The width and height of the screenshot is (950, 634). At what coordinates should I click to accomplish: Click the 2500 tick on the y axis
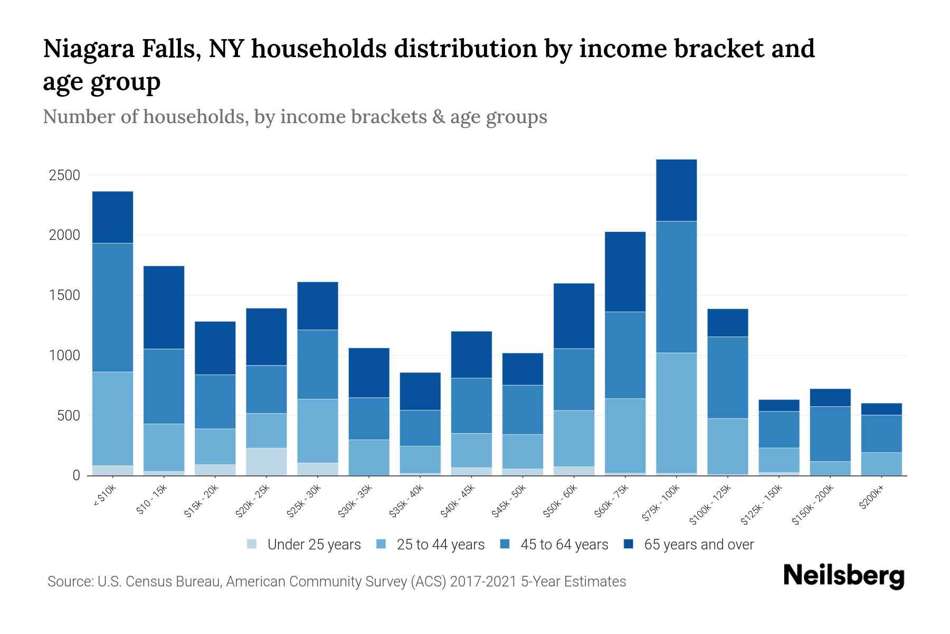tap(64, 175)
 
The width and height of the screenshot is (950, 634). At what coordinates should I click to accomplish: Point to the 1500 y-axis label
tap(64, 295)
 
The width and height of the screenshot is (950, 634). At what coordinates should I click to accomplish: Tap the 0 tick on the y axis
tap(76, 475)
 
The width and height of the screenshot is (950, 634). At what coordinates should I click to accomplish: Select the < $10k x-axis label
tap(105, 496)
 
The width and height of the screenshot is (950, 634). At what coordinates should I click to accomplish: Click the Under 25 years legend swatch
tap(252, 544)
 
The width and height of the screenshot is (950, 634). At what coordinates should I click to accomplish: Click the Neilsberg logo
tap(843, 576)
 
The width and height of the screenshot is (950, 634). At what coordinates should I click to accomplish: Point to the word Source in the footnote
tap(69, 582)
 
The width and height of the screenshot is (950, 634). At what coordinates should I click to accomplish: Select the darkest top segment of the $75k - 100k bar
tap(676, 190)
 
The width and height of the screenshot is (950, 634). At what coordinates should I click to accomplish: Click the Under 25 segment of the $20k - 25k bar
tap(267, 461)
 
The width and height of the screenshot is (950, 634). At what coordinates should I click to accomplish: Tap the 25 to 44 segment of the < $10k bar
tap(112, 418)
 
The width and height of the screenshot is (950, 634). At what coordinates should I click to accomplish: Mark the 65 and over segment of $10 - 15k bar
tap(164, 307)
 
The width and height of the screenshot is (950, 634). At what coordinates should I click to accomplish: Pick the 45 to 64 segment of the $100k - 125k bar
tap(727, 377)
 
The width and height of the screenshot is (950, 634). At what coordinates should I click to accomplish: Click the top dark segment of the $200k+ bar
tap(881, 409)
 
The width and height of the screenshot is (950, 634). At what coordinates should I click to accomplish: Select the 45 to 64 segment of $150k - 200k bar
tap(830, 434)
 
